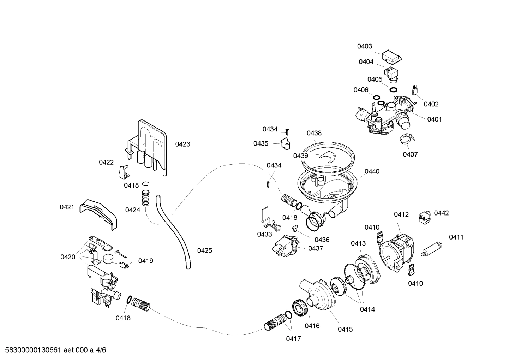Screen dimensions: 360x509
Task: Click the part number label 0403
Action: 364,46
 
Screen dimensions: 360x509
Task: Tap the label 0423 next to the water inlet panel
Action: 182,144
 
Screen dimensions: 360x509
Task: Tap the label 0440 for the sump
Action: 372,172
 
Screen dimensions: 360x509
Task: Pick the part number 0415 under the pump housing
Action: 345,329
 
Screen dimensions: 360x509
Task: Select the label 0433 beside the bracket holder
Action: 264,234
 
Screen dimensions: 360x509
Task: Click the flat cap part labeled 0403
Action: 391,56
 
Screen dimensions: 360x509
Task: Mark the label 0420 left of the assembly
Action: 68,257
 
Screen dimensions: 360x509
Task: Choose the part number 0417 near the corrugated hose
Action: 293,339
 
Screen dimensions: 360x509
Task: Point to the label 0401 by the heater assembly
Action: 434,119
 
